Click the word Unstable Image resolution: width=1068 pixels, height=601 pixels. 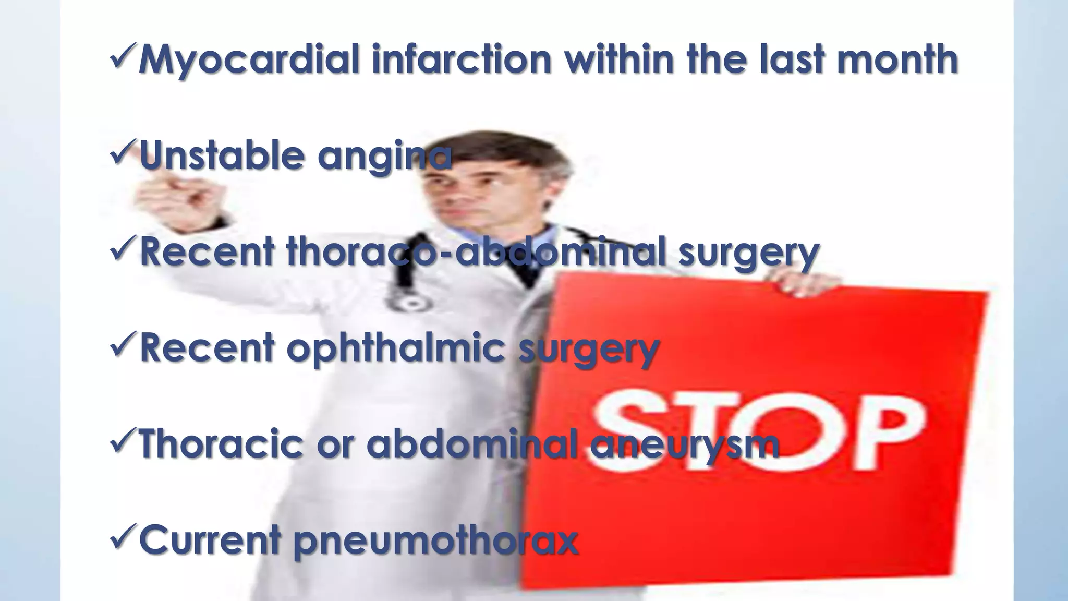222,155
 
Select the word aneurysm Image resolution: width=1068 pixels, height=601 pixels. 684,445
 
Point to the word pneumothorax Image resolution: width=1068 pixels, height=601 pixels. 436,542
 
